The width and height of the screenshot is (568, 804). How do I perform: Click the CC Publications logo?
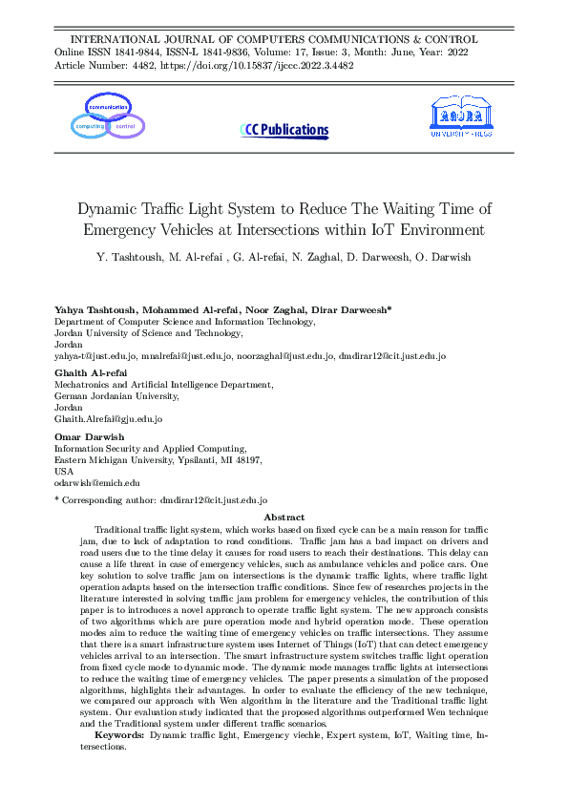click(284, 131)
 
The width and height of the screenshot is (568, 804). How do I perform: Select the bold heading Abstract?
click(284, 517)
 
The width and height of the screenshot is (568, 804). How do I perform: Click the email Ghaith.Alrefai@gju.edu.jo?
click(108, 418)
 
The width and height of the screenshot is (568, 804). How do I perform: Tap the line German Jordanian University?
click(116, 395)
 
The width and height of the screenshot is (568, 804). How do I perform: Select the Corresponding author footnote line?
click(160, 499)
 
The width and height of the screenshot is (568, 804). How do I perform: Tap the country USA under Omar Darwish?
click(63, 472)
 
